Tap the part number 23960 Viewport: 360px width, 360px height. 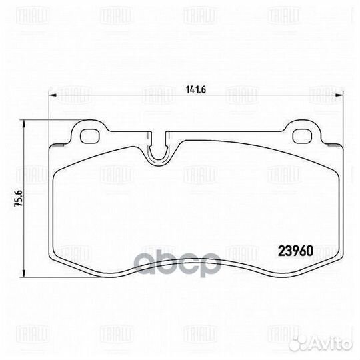point(295,253)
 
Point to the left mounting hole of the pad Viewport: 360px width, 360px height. point(88,135)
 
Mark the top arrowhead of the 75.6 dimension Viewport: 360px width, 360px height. point(25,123)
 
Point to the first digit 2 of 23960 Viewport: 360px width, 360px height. point(280,253)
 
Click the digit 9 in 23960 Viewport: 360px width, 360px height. point(295,253)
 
